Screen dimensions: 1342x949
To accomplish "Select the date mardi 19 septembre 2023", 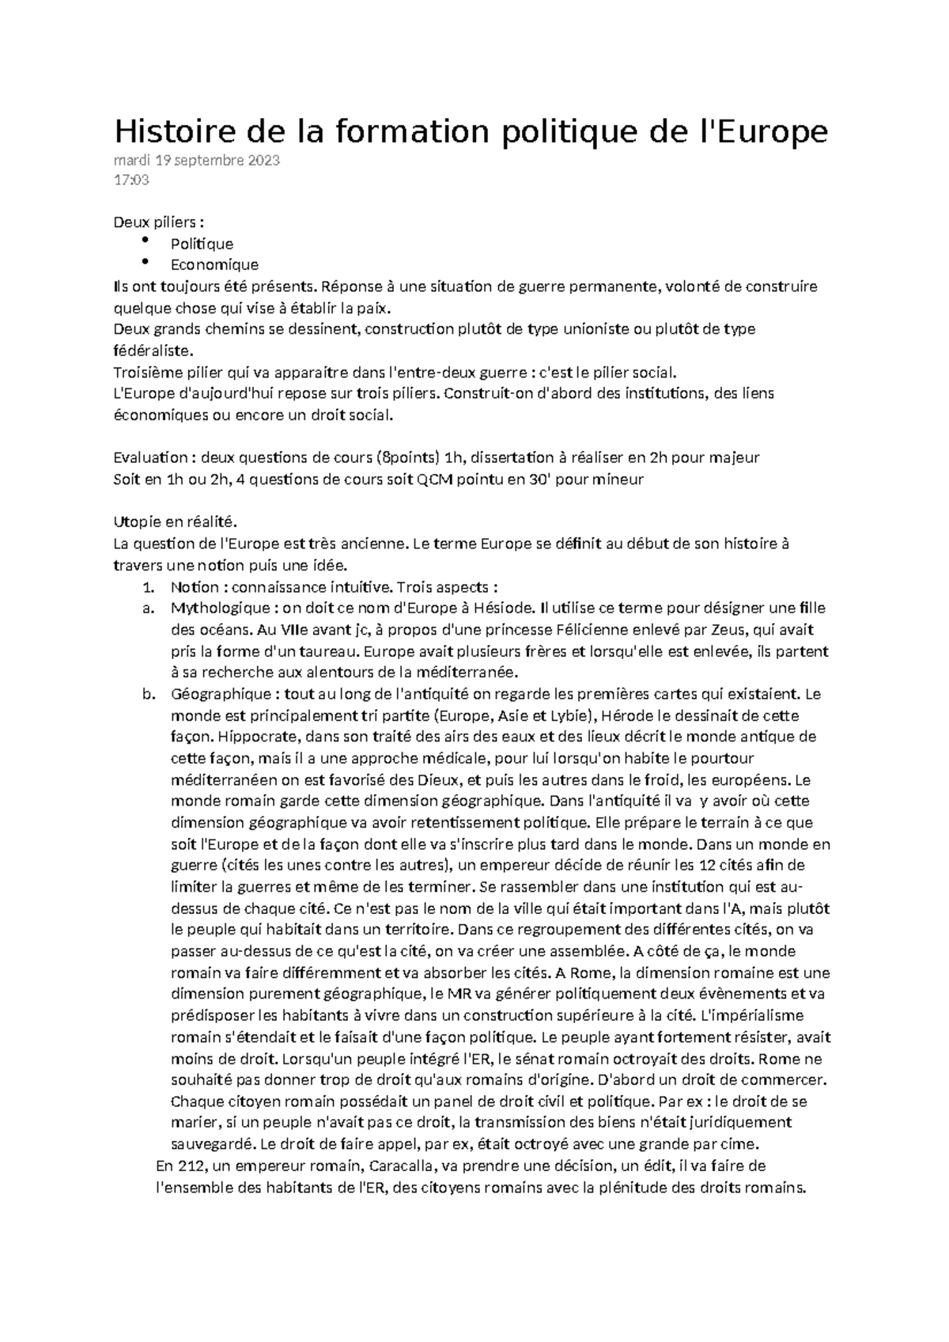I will click(196, 161).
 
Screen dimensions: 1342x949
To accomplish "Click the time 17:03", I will click(131, 180).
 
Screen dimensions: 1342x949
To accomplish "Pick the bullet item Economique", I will click(214, 264).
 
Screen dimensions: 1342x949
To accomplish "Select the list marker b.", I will click(146, 695).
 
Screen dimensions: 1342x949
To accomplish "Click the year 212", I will click(191, 1166).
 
